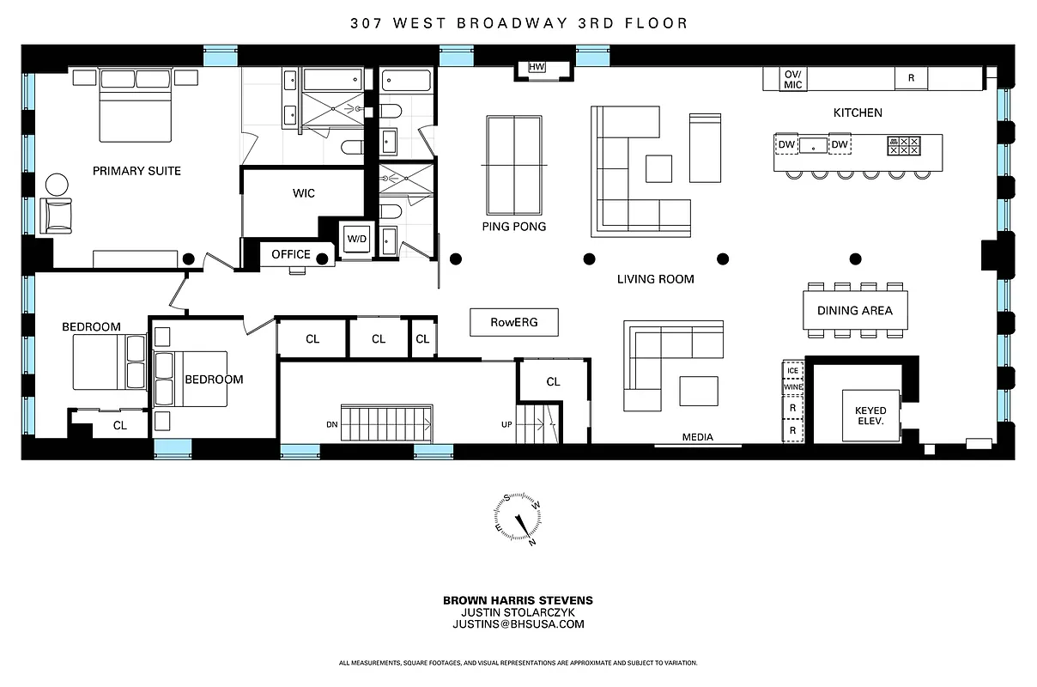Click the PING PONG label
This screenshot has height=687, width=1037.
click(513, 227)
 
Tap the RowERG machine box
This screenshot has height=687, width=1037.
click(513, 322)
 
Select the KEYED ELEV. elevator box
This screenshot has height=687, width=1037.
click(870, 416)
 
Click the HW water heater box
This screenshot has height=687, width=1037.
click(537, 68)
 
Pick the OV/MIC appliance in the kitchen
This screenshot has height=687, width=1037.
click(791, 78)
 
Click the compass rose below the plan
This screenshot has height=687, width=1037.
click(518, 520)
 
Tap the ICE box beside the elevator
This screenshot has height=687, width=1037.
click(792, 371)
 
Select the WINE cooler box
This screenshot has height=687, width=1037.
click(792, 388)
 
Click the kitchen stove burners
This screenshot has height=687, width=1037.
click(904, 145)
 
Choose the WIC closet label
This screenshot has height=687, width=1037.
click(304, 193)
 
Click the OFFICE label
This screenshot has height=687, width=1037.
click(290, 255)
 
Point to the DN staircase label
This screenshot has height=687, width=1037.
click(331, 424)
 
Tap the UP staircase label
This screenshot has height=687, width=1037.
click(506, 424)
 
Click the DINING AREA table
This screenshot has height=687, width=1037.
click(854, 311)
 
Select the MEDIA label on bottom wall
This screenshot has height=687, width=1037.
click(697, 437)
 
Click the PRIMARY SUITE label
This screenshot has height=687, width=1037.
click(136, 171)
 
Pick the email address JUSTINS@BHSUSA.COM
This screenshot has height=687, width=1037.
click(518, 624)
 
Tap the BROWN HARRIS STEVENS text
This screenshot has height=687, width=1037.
click(518, 600)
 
